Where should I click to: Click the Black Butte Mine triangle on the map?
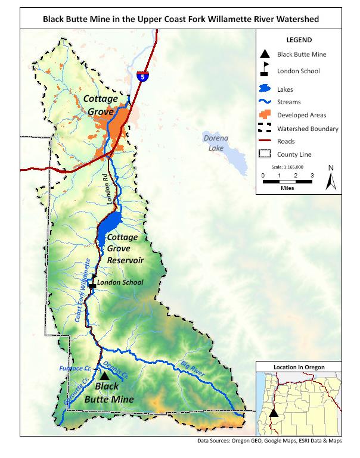click(104, 376)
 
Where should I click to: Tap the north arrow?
click(330, 178)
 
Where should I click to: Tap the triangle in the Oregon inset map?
click(274, 412)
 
